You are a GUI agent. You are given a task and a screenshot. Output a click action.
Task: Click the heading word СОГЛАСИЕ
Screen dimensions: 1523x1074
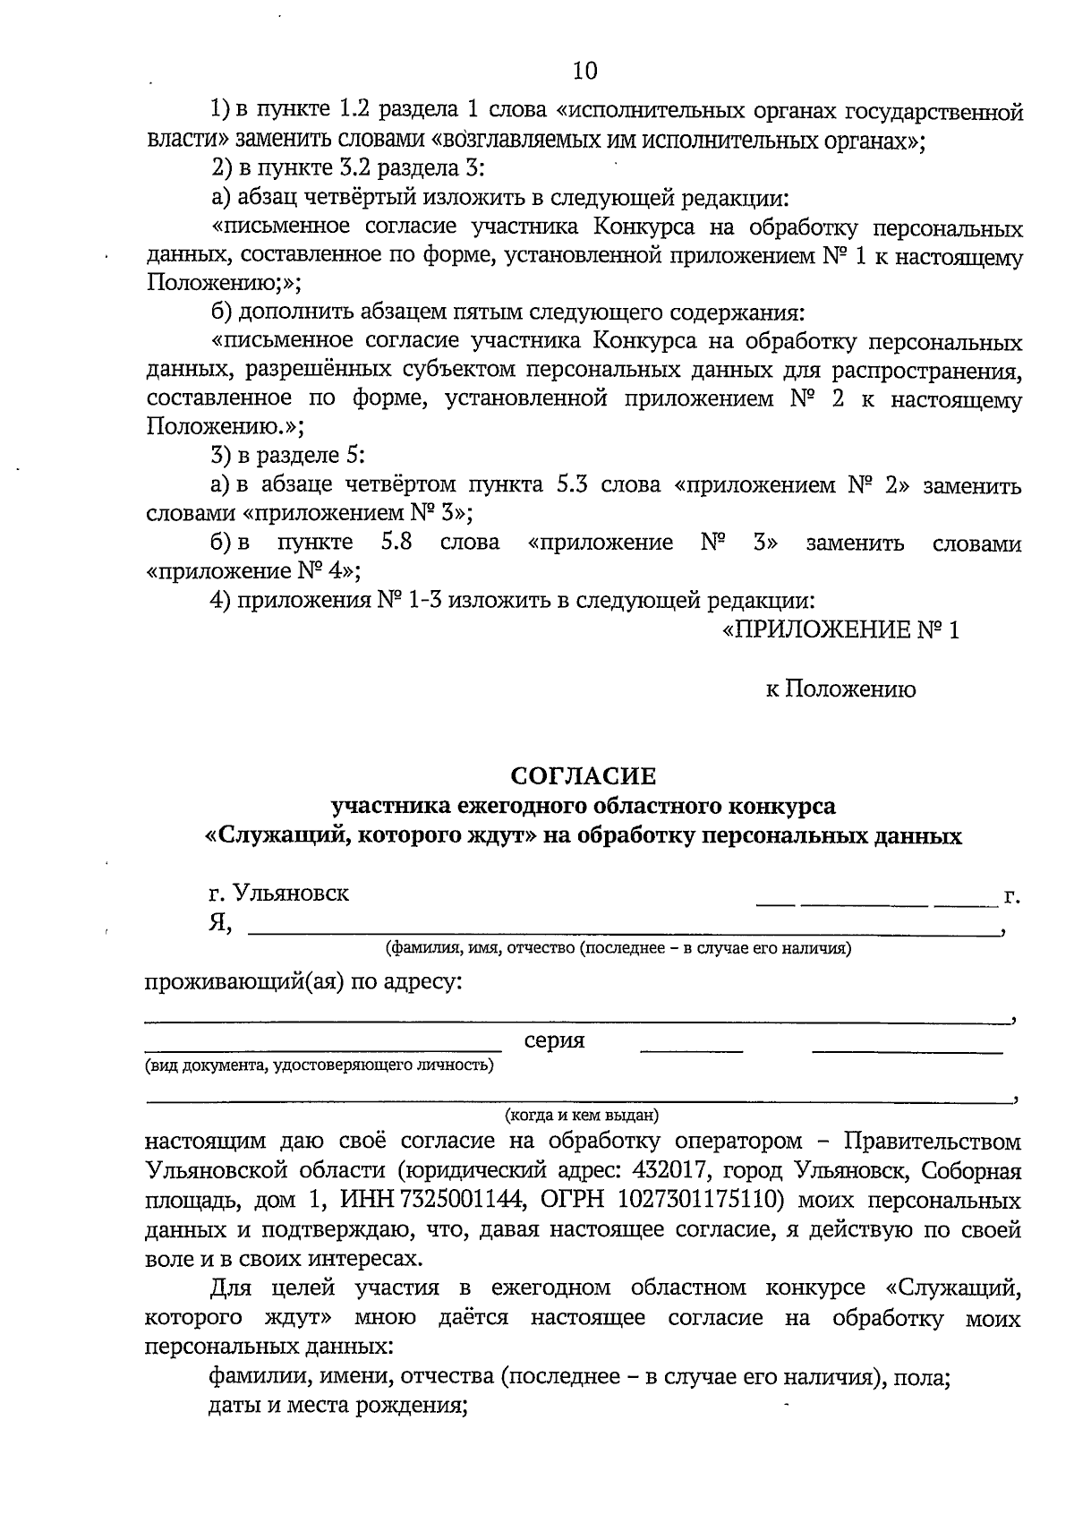[584, 775]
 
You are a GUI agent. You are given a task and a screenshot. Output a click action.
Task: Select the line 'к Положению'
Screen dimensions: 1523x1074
[840, 689]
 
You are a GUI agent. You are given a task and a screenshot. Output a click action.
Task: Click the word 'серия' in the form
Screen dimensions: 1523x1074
[554, 1040]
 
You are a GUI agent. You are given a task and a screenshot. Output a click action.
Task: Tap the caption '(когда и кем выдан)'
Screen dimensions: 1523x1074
[582, 1116]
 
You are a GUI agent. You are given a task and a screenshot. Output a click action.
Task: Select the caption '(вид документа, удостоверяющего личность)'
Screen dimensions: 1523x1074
[320, 1065]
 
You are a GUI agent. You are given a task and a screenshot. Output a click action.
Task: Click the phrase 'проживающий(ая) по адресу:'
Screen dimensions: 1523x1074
[304, 982]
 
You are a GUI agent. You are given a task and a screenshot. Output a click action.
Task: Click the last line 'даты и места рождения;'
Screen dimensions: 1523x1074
[339, 1406]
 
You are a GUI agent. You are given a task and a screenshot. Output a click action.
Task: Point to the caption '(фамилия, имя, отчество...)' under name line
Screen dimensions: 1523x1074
[618, 948]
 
